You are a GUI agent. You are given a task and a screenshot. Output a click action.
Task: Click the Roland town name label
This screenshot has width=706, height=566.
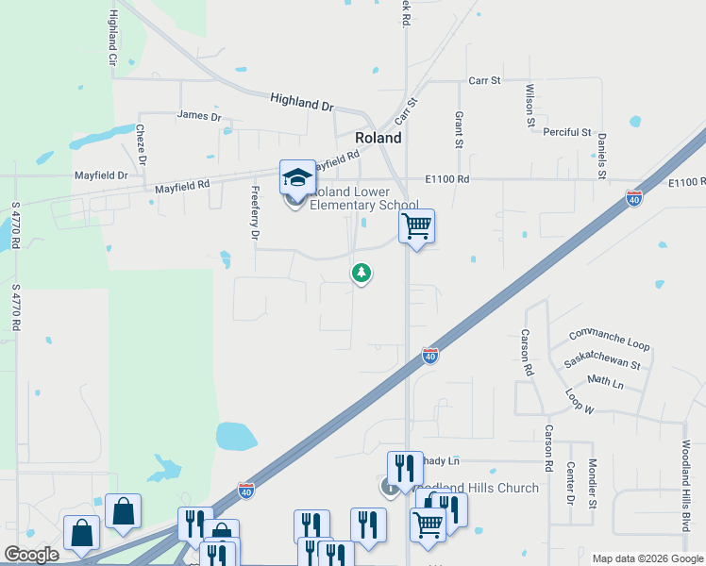(x=378, y=138)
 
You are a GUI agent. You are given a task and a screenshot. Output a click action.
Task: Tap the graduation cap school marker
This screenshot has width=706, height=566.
(x=297, y=176)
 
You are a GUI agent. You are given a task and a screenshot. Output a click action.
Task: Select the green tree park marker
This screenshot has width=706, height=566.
(x=361, y=274)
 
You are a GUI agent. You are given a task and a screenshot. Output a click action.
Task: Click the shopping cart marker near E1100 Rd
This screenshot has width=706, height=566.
(x=416, y=225)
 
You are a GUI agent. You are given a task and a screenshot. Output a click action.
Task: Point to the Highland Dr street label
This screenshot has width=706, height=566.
(x=302, y=102)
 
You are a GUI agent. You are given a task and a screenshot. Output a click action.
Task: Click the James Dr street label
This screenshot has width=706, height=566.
(x=198, y=117)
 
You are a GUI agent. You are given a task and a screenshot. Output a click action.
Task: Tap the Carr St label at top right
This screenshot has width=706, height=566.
(x=483, y=81)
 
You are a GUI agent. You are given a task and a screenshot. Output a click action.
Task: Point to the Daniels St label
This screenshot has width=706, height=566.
(x=601, y=156)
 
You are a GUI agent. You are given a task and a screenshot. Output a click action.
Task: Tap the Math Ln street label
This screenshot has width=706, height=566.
(x=605, y=382)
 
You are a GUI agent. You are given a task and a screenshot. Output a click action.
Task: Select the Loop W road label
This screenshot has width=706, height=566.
(x=578, y=401)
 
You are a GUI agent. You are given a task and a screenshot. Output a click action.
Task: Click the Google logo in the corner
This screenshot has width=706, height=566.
(x=31, y=555)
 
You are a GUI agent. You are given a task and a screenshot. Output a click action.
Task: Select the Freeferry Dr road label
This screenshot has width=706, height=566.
(x=254, y=213)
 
